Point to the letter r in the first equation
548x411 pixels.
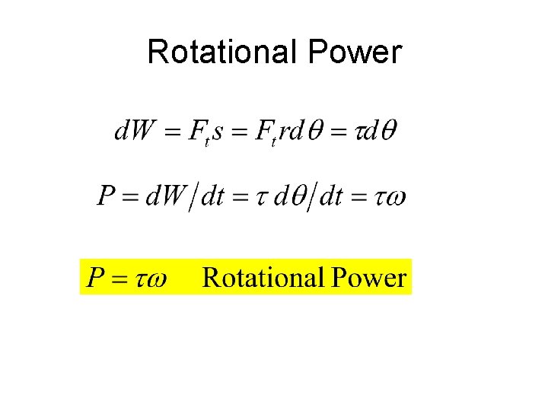(x=282, y=132)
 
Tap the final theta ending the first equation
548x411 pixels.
(x=387, y=130)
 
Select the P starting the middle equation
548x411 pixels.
(x=107, y=197)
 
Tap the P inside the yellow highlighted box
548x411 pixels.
(x=95, y=277)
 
